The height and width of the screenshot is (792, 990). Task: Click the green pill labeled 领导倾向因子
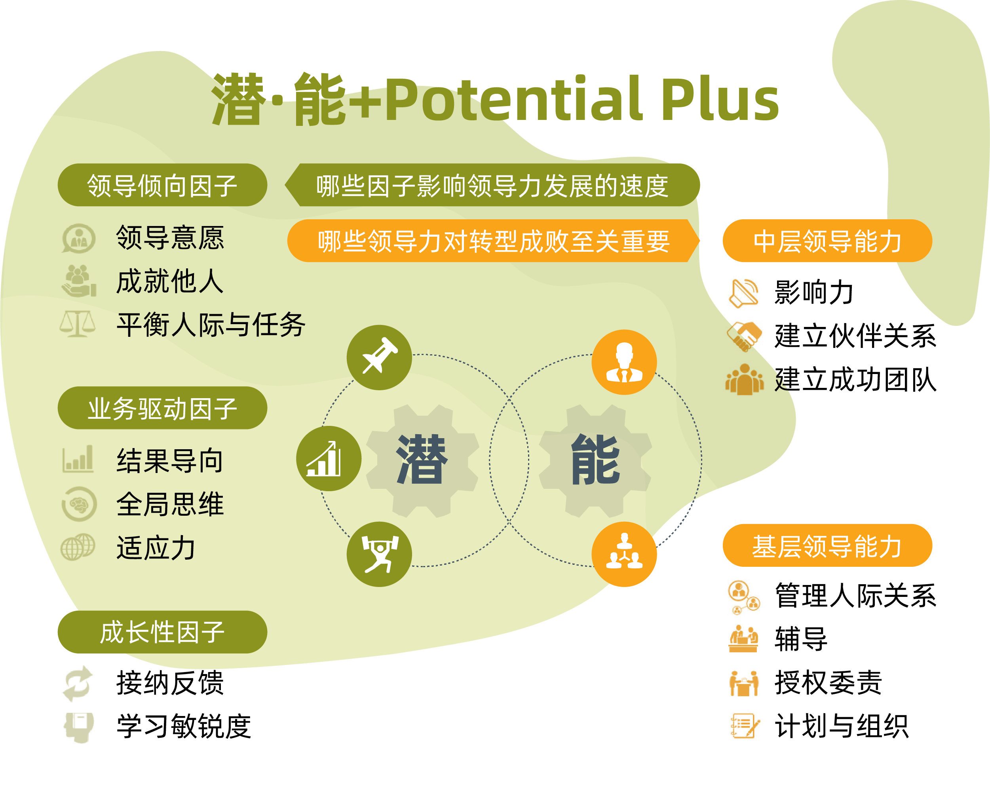tap(162, 185)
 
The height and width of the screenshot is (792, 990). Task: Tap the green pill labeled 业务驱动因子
tap(162, 408)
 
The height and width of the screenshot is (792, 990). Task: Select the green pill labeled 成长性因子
tap(162, 632)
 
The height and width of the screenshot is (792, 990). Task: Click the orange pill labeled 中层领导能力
tap(827, 241)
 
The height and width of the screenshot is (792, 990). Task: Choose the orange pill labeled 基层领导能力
tap(827, 545)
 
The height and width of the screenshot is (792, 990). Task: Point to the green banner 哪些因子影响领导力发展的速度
tap(492, 185)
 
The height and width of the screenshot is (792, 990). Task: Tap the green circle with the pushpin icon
tap(379, 358)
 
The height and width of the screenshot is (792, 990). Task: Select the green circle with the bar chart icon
tap(329, 458)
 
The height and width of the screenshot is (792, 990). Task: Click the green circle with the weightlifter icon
tap(379, 554)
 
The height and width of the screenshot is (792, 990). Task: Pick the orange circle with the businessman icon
tap(624, 362)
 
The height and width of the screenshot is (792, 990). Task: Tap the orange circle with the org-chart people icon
tap(624, 554)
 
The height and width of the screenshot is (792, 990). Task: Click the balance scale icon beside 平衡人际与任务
tap(78, 324)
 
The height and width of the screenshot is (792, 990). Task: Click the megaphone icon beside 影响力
tap(744, 293)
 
